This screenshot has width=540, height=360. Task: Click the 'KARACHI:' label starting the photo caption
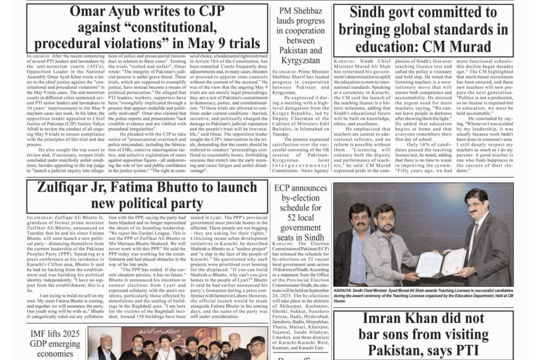345,289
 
